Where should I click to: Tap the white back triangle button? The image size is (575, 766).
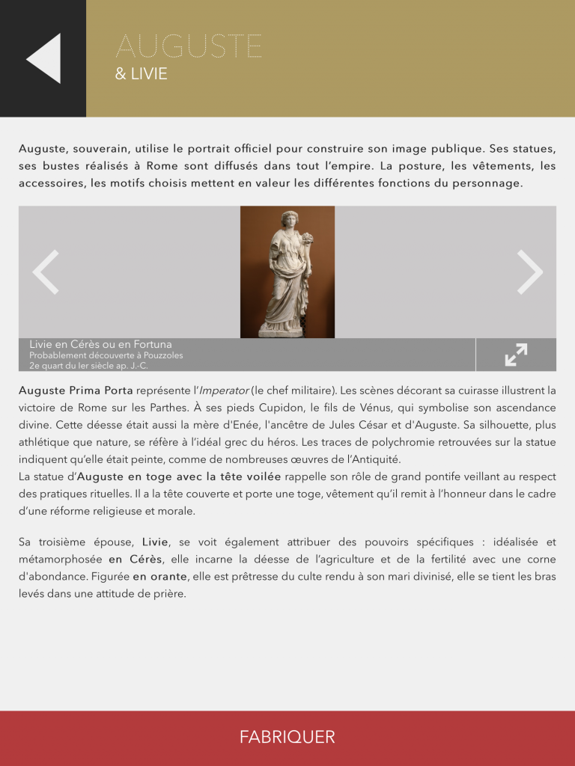(44, 58)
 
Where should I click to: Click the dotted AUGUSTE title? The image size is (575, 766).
(189, 46)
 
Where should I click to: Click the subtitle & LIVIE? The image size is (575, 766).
(141, 75)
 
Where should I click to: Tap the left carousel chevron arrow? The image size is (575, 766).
(46, 272)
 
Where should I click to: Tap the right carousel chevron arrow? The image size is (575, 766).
(529, 272)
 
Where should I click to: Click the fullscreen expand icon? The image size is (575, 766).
(516, 355)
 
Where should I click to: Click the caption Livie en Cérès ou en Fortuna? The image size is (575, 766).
(100, 345)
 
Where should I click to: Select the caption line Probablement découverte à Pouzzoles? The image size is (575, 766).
(106, 355)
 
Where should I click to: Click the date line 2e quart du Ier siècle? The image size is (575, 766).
(88, 366)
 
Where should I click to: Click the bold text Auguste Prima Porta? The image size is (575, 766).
(76, 390)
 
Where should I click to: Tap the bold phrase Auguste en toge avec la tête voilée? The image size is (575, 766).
(180, 476)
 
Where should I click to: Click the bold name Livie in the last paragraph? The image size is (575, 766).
(155, 542)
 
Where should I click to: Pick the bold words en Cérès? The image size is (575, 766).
(136, 560)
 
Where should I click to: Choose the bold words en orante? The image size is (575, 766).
(159, 577)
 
